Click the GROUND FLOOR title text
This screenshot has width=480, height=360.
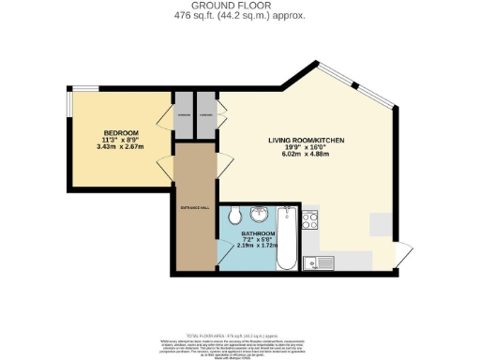[x=239, y=6]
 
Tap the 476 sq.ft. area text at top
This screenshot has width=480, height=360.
[x=239, y=15]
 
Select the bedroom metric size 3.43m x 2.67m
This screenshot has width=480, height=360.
[x=120, y=146]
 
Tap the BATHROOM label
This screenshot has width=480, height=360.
[x=258, y=232]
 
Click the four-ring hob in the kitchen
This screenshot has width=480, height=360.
[x=313, y=221]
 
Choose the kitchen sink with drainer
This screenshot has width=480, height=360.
[x=324, y=262]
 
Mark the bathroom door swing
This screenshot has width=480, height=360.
[x=224, y=251]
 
